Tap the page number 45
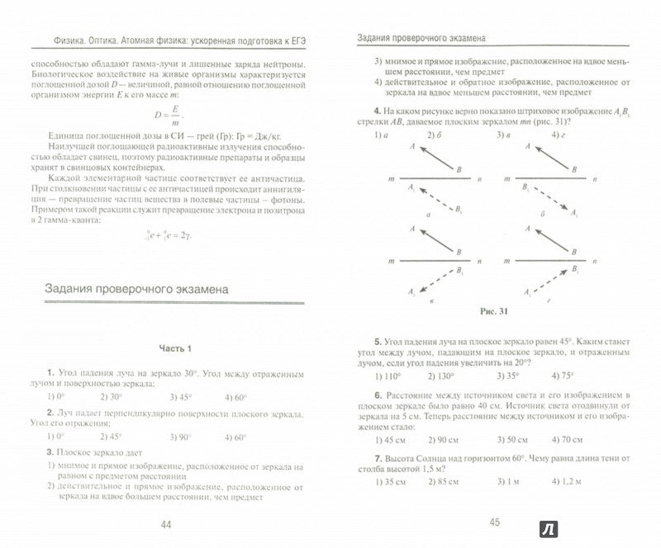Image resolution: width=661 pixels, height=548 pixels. click(496, 522)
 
